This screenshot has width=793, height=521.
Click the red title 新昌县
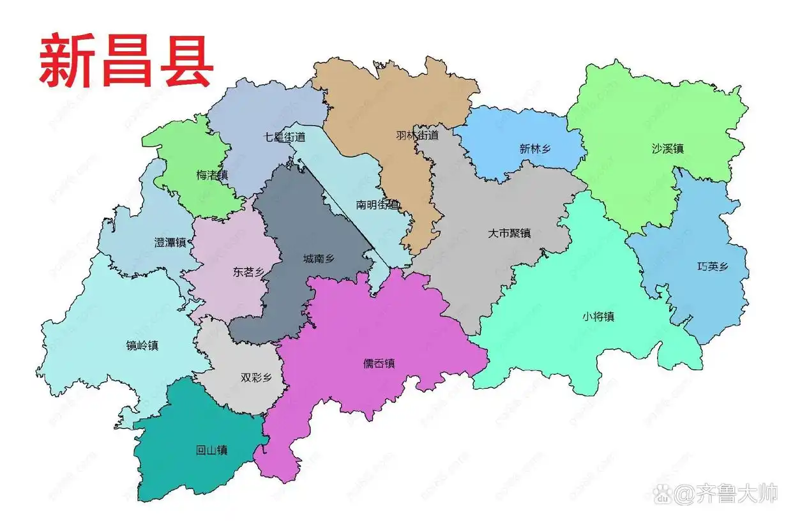tap(126, 61)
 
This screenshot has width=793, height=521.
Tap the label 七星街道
tap(284, 137)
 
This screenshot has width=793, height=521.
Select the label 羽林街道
tap(418, 135)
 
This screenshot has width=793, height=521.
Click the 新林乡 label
tap(535, 149)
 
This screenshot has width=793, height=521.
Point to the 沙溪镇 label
tap(668, 149)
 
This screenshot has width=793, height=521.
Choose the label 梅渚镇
tap(212, 174)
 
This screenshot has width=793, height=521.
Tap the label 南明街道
tap(378, 205)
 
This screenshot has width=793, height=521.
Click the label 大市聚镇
tap(510, 233)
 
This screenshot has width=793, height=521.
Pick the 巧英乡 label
tap(712, 267)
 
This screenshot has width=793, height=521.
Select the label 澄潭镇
tap(170, 243)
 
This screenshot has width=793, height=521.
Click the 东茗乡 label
tap(248, 272)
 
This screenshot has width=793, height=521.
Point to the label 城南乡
tap(319, 259)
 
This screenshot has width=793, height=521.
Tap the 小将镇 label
tap(598, 316)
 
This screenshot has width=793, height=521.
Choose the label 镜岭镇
tap(142, 345)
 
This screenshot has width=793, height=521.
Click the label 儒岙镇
tap(379, 363)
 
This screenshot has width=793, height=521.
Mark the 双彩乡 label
tap(256, 377)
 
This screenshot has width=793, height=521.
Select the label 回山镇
tap(212, 450)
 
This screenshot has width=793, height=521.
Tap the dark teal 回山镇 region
tap(185, 472)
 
